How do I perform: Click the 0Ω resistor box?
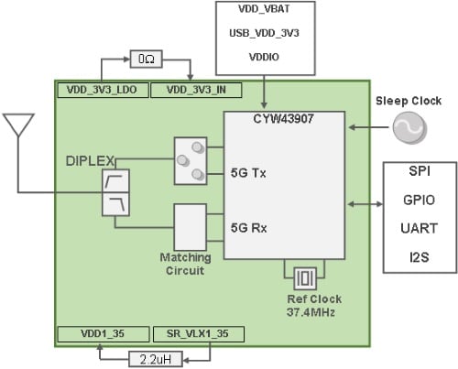[x=147, y=59]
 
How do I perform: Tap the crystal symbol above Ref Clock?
[x=305, y=275]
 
